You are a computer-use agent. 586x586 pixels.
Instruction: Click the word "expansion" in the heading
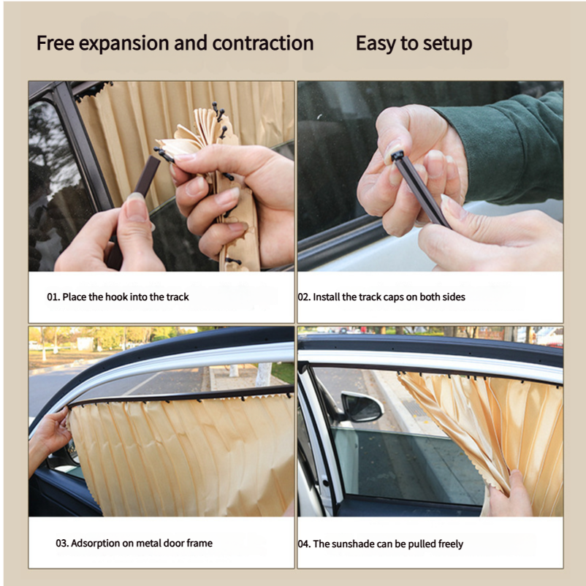click(x=124, y=44)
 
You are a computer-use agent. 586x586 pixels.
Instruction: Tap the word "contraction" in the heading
click(x=263, y=43)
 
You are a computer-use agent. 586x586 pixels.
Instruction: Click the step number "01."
click(x=53, y=297)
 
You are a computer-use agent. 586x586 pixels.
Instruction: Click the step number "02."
click(x=304, y=297)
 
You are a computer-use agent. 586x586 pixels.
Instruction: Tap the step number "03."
click(x=62, y=543)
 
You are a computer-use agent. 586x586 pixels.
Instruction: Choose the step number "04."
click(x=304, y=544)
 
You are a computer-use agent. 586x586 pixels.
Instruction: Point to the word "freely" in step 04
click(x=451, y=544)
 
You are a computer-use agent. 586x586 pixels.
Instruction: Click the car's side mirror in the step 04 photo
click(x=362, y=406)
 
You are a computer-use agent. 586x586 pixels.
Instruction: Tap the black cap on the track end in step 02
click(x=397, y=156)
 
